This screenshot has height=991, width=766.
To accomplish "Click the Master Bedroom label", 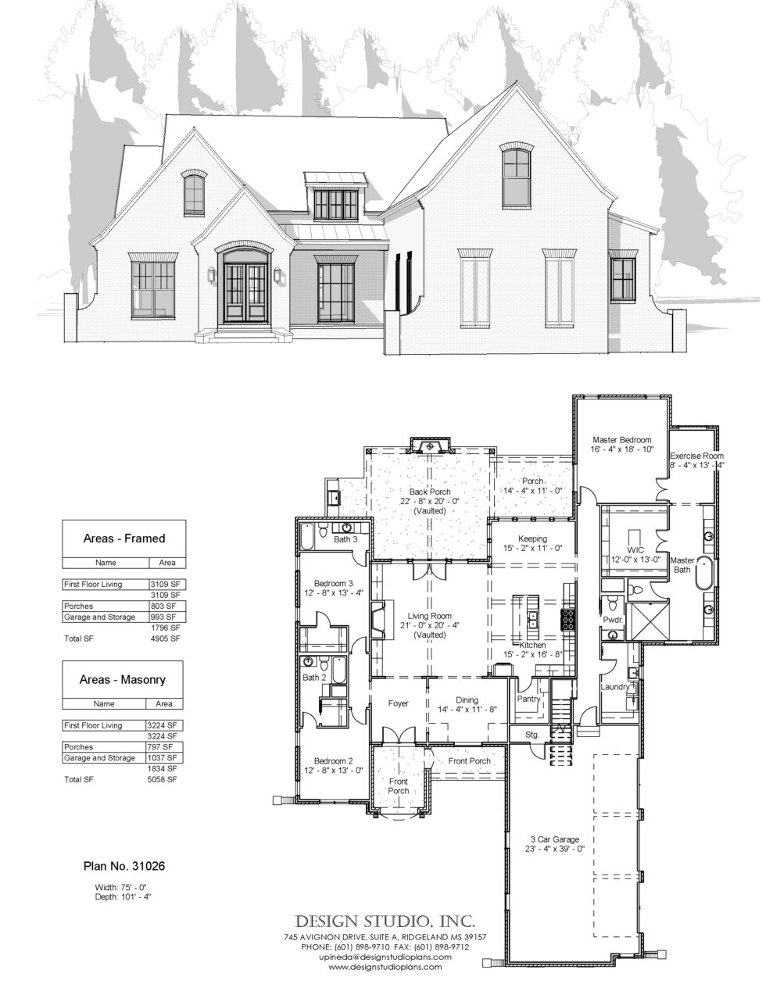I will pos(621,440).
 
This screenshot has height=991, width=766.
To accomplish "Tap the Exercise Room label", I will pos(696,456).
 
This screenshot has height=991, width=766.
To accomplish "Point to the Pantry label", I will pos(529,699).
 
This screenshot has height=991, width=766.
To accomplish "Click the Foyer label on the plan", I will pos(399,703).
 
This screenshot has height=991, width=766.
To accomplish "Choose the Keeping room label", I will pos(532,538).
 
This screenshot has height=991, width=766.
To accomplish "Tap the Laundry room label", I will pos(614,687).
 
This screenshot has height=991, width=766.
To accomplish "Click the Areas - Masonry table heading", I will pos(123,680).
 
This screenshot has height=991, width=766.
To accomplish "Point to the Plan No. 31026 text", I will pos(123,866).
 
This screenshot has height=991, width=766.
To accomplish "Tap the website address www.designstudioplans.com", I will pos(385,967).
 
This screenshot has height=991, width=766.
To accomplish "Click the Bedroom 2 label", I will pos(334,760).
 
